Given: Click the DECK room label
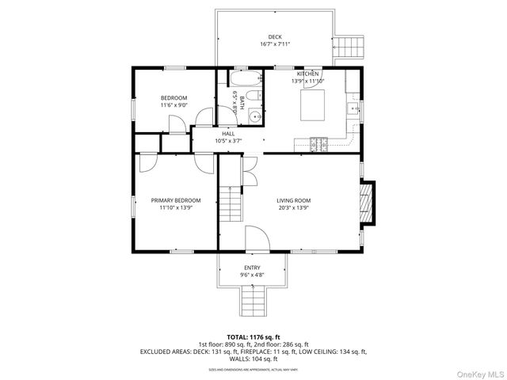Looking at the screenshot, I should coord(275,36).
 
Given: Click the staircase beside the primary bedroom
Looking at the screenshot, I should coord(229,205).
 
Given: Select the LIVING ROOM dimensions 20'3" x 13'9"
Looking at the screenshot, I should coord(293,208).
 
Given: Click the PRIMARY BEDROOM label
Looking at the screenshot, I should coord(176,200).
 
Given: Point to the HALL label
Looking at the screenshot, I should coord(228,134).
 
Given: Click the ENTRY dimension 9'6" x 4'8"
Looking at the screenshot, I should coord(252,275).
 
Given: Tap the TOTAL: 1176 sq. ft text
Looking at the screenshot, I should coord(253,337).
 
